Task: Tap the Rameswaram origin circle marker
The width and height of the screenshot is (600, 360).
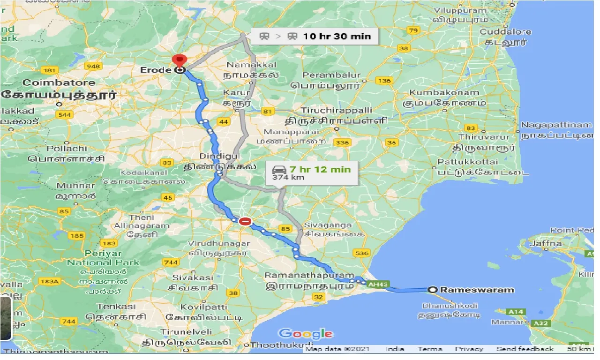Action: tap(433, 290)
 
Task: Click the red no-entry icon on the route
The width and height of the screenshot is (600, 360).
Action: tap(245, 221)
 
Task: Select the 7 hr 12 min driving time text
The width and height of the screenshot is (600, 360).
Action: tap(320, 169)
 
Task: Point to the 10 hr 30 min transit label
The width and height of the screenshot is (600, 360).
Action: tap(337, 36)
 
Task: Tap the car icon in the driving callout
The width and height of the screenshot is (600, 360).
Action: tap(278, 169)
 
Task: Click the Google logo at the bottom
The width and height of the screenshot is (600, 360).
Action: tap(306, 334)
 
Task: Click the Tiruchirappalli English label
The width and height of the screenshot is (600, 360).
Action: tap(336, 110)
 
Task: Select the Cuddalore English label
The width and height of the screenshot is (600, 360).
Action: tap(505, 32)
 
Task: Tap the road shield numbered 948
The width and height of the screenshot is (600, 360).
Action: tap(93, 66)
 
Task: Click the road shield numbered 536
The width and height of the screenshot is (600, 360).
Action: tap(362, 253)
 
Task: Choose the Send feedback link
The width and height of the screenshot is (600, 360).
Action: tap(525, 349)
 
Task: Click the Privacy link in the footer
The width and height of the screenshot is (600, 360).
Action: tap(469, 349)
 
